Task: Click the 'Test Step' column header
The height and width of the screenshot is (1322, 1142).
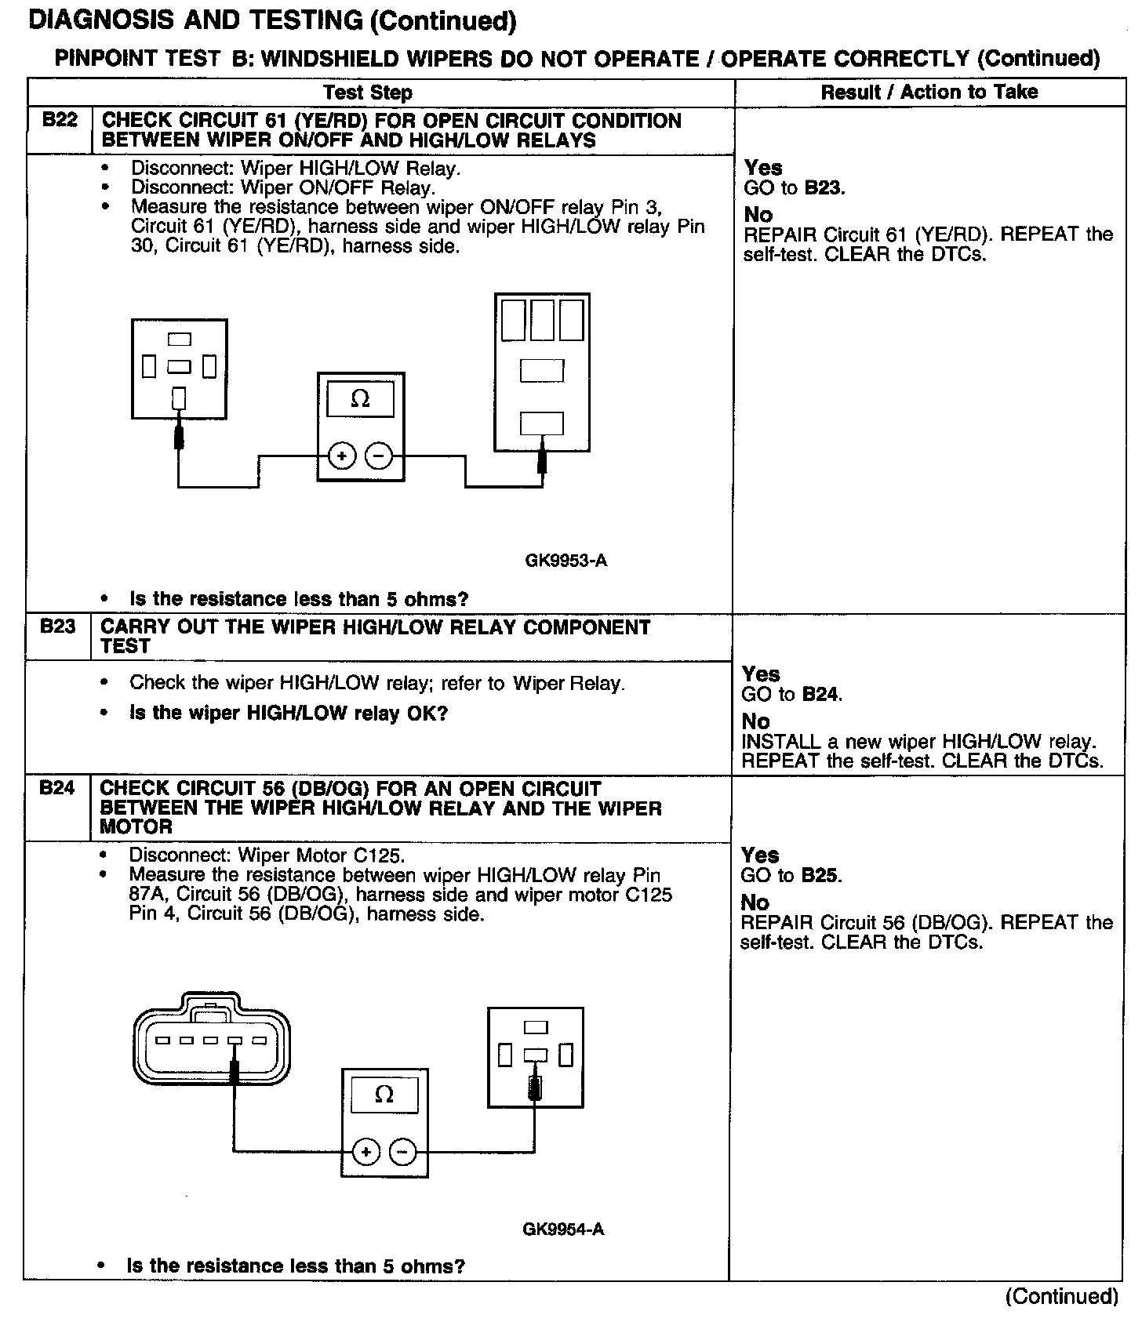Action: pos(367,93)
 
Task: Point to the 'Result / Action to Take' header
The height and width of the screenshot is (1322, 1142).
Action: pos(929,93)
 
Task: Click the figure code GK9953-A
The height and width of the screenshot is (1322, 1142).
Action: pos(566,561)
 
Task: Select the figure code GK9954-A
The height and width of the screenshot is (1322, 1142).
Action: pos(563,1229)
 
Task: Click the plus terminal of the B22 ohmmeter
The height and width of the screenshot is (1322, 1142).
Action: pos(342,456)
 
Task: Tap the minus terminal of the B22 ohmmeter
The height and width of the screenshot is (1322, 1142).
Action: pos(380,456)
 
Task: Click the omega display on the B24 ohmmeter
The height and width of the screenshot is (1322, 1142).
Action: pos(384,1095)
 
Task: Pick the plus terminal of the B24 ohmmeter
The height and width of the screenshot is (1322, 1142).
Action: pos(366,1152)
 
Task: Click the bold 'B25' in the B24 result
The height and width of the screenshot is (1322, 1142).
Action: pos(820,876)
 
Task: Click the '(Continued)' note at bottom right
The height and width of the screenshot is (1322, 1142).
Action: pos(1061,1296)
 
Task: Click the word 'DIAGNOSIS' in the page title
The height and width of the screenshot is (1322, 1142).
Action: pos(100,21)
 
